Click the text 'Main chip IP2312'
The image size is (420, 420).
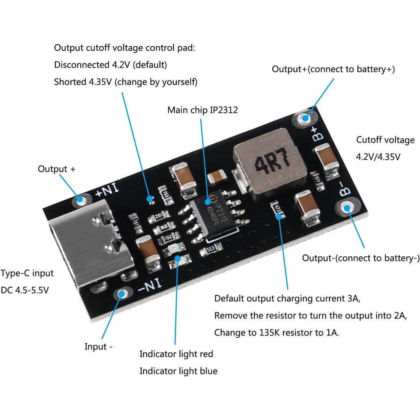[x=202, y=110]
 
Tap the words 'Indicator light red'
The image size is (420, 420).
[x=176, y=354]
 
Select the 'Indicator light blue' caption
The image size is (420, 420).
[x=178, y=371]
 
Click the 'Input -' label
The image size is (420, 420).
[x=98, y=347]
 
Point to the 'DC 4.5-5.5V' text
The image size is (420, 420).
[x=25, y=290]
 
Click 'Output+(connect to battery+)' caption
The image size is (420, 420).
[x=333, y=69]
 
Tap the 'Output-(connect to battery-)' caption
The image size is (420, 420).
[x=361, y=258]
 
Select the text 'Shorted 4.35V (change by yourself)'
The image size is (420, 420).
[x=126, y=82]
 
